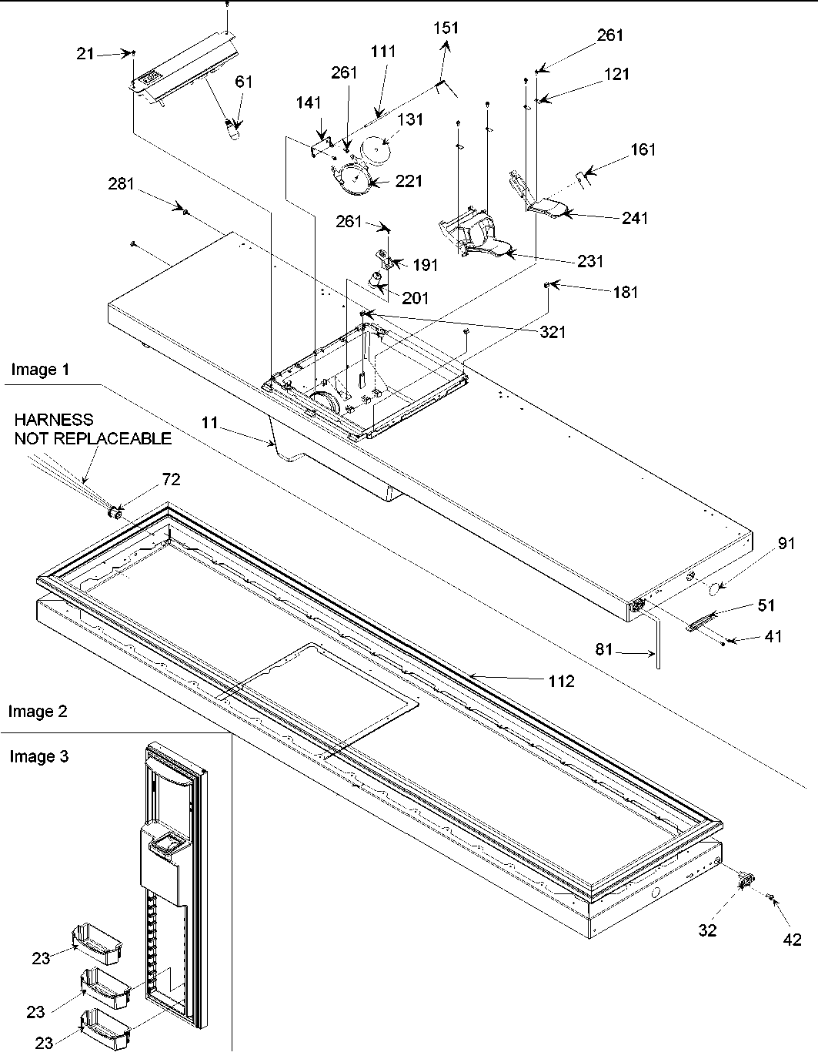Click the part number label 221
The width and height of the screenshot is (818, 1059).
coord(409,181)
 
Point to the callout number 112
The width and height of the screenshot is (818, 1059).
coord(561,681)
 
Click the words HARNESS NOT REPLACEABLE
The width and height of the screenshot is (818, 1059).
coord(92,429)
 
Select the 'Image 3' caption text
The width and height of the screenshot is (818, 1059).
coord(39,756)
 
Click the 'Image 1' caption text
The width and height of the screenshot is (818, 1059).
coord(40,370)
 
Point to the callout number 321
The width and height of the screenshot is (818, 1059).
coord(553,332)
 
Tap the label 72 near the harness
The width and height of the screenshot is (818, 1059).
coord(171,480)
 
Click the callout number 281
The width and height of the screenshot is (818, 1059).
coord(121,184)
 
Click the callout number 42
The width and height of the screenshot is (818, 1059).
coord(791,939)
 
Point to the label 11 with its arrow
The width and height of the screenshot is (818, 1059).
coord(209,422)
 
